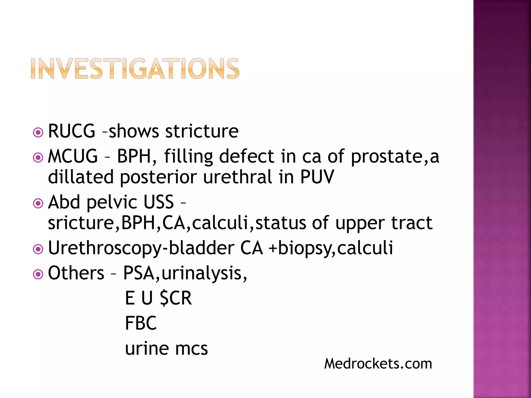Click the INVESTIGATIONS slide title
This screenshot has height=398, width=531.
tap(135, 68)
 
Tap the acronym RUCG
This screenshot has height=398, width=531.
tap(72, 131)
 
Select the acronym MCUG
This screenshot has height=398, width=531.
tap(73, 156)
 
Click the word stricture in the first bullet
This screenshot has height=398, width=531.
tap(202, 131)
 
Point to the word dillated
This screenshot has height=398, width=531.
tap(81, 177)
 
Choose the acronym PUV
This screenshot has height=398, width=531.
tap(317, 177)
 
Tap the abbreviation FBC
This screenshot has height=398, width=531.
tap(141, 323)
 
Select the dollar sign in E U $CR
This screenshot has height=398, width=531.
tap(164, 298)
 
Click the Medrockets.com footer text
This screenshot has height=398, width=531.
tap(378, 364)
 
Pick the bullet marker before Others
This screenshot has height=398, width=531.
tap(38, 274)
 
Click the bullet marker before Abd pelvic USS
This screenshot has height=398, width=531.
tap(38, 203)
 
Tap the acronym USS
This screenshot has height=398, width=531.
tap(158, 202)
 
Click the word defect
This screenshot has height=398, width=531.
tap(247, 156)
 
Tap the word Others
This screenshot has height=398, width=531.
tap(76, 273)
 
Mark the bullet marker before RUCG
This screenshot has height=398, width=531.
tap(38, 133)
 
